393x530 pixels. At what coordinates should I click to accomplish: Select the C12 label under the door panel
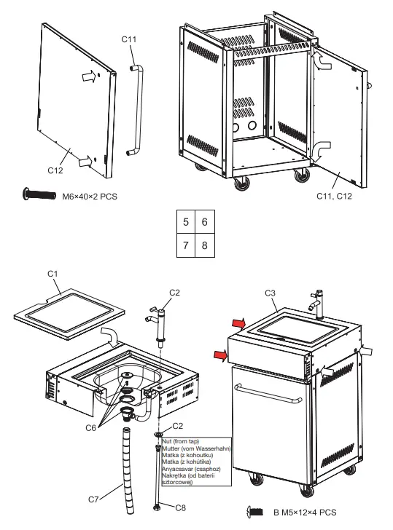[57, 170]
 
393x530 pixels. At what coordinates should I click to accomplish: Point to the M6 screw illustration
[39, 194]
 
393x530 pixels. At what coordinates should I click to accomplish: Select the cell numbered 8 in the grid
[205, 245]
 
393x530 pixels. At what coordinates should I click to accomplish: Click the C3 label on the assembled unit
[269, 293]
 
